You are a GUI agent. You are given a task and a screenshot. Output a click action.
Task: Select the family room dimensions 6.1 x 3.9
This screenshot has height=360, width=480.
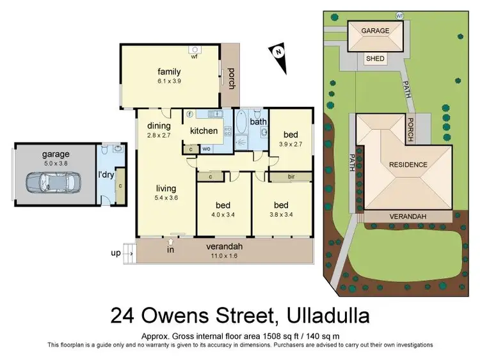(x=169, y=81)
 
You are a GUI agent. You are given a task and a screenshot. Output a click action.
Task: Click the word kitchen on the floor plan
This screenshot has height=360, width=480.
(x=204, y=131)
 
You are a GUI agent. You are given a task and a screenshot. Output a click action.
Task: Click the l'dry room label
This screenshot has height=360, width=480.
(x=105, y=174)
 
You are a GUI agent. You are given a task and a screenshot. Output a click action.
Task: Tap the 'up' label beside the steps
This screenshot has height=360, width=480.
(x=116, y=253)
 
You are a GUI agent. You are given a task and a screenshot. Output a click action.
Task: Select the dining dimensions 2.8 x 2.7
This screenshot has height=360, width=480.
(x=159, y=136)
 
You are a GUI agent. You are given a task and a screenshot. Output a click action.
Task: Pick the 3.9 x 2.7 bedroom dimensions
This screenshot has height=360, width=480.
(x=291, y=145)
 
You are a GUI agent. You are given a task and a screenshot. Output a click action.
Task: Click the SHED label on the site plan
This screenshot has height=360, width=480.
(x=375, y=59)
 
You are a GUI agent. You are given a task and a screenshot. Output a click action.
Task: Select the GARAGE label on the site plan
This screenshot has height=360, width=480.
(x=375, y=30)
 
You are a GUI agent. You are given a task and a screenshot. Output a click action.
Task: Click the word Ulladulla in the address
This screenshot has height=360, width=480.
(x=321, y=316)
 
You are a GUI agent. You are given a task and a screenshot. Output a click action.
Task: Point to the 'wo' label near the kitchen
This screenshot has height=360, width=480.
(x=207, y=148)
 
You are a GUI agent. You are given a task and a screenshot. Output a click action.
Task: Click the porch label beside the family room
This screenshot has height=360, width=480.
(x=231, y=79)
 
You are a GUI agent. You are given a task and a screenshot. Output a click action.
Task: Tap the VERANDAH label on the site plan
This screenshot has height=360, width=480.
(x=408, y=217)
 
